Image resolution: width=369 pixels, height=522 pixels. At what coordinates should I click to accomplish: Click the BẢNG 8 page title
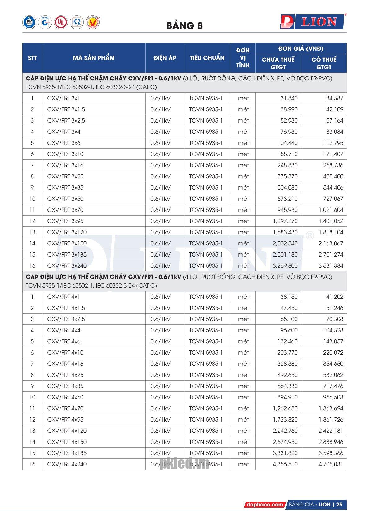coord(184,25)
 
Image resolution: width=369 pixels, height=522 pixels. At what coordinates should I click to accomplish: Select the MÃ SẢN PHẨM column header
coord(94,58)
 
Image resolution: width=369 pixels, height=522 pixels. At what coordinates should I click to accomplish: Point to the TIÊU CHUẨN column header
coord(207,58)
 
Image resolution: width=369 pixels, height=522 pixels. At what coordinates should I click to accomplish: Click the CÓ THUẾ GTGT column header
coord(324,63)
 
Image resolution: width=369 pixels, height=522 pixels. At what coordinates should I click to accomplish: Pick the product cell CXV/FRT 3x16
coord(65,165)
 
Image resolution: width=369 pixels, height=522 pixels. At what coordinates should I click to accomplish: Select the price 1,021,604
coord(331,210)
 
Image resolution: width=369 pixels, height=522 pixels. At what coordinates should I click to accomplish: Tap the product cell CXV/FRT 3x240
coord(67,266)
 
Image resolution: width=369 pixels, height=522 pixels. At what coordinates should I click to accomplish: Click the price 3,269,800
coord(285,266)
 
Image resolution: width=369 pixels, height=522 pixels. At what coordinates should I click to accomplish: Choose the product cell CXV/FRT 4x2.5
coord(66,319)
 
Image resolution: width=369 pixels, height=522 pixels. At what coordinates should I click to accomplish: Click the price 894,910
coord(287,397)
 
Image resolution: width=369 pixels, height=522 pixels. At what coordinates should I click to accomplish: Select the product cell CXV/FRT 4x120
coord(67,431)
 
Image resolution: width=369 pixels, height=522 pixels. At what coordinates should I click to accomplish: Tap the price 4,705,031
coord(331,464)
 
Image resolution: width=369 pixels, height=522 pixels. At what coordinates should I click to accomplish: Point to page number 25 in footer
coord(339,505)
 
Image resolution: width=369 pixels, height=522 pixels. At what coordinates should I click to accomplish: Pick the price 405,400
coord(333,176)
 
